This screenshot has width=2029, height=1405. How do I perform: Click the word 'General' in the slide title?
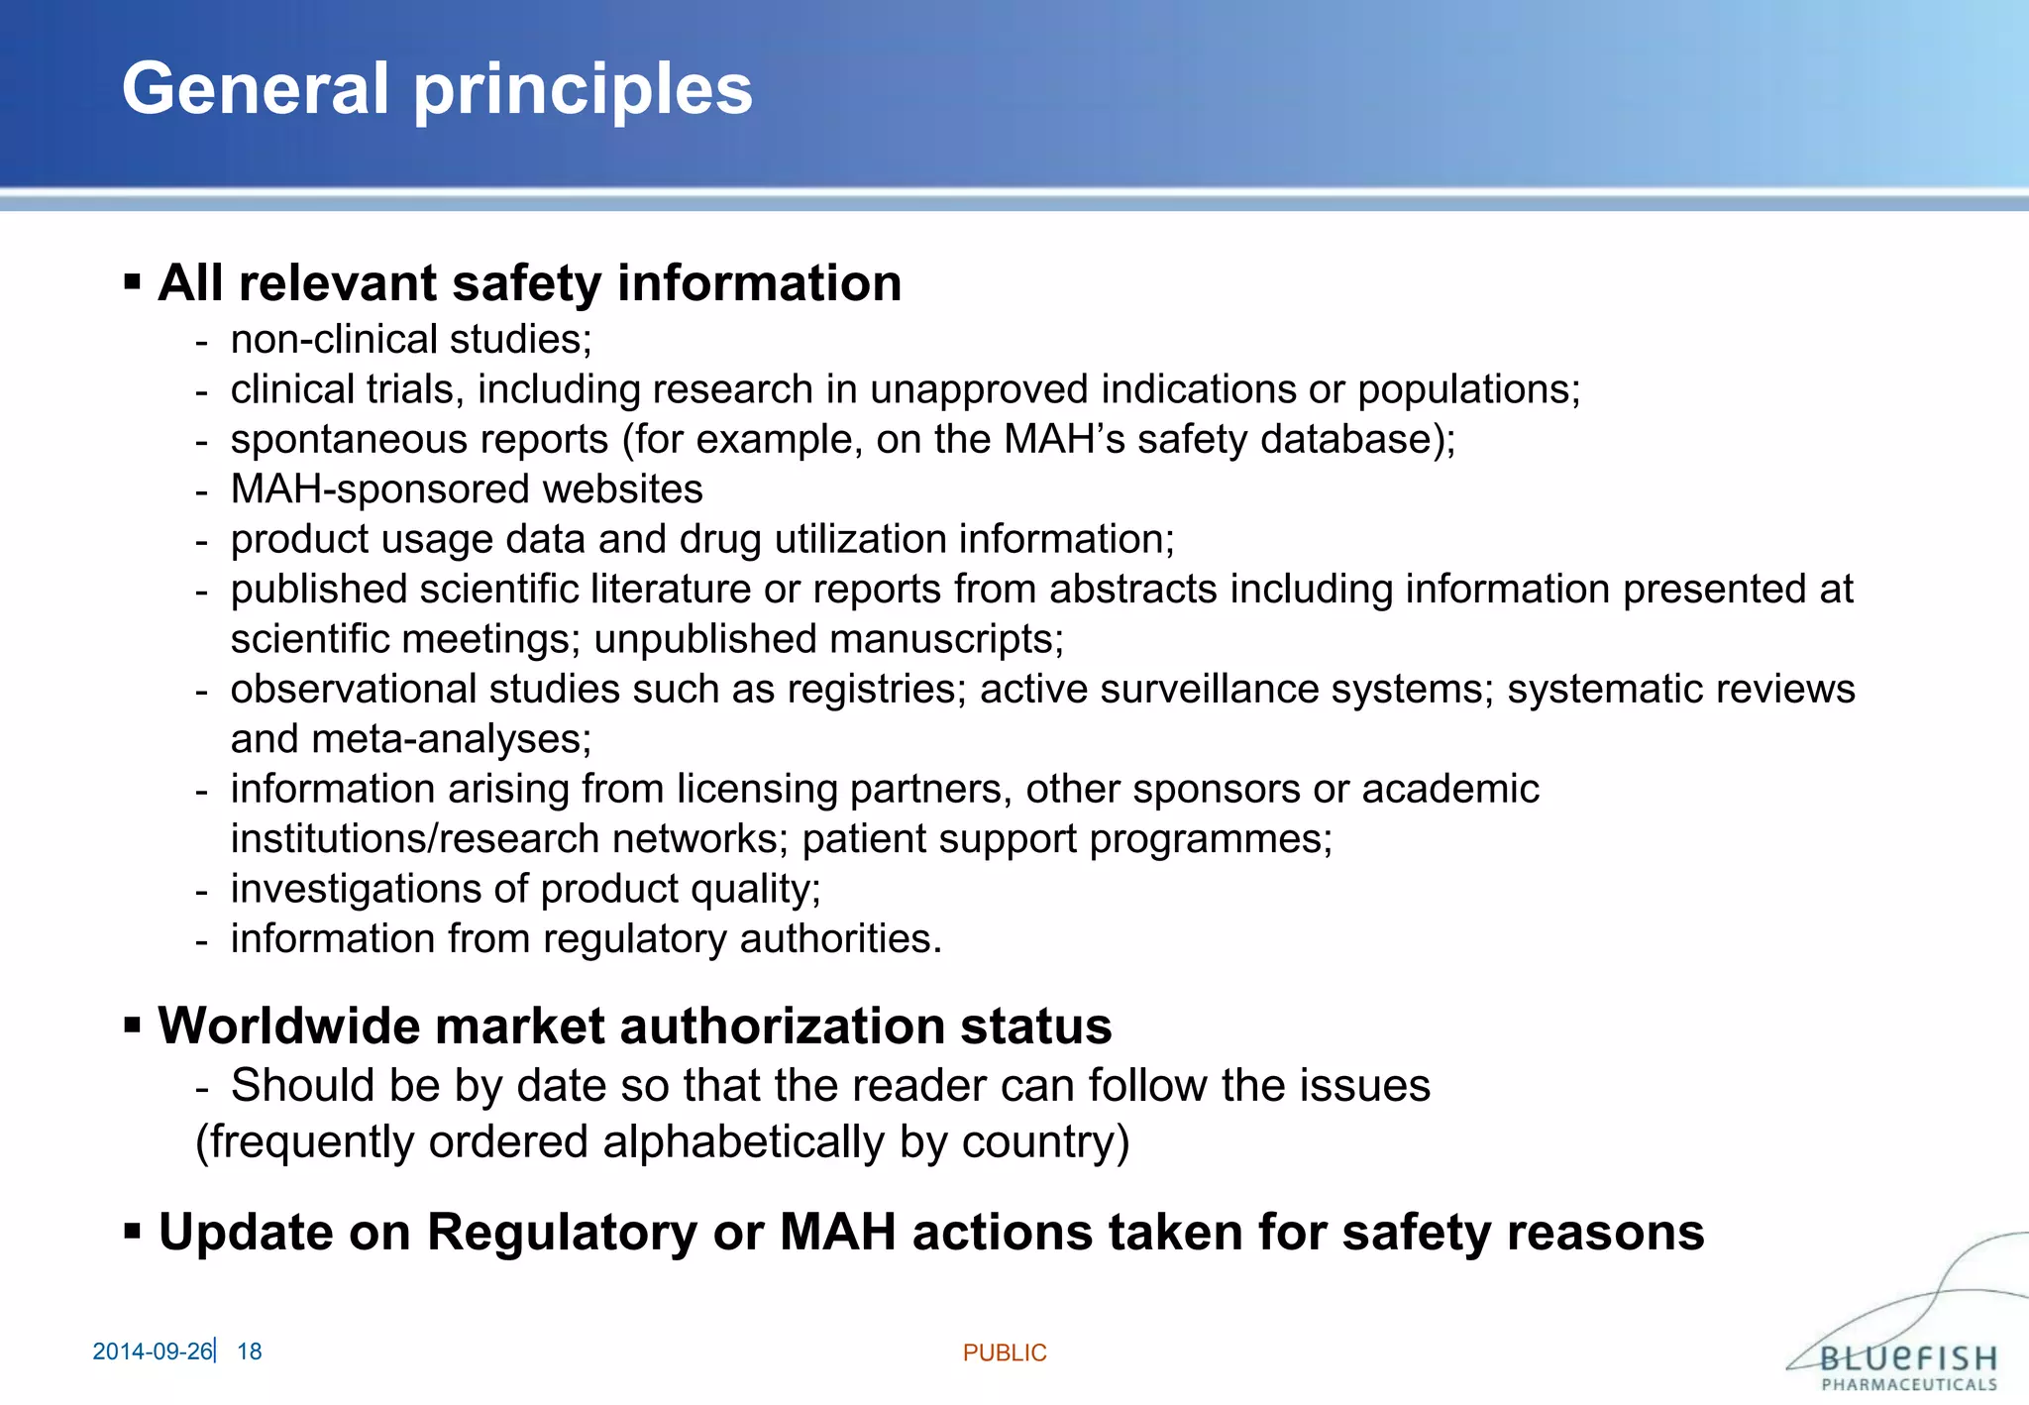(256, 89)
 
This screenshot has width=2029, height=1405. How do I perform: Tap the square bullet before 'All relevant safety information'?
(132, 282)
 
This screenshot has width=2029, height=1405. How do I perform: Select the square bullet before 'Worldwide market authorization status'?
(132, 1025)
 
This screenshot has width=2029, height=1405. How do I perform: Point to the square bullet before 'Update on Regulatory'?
(132, 1232)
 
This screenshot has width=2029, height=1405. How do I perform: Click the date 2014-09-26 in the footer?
(152, 1351)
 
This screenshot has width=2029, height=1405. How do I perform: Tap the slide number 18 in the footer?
(250, 1351)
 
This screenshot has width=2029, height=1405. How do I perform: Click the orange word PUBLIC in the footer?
(1005, 1352)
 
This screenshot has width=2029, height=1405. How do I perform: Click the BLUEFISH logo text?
(1908, 1357)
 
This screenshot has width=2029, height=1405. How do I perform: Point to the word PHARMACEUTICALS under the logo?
(1909, 1384)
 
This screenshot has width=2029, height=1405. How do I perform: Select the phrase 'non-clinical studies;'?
(411, 340)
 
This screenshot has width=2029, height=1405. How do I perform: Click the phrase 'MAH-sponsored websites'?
(467, 489)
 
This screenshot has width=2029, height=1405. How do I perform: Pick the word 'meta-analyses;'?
(451, 739)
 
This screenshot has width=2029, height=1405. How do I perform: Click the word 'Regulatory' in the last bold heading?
(561, 1233)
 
